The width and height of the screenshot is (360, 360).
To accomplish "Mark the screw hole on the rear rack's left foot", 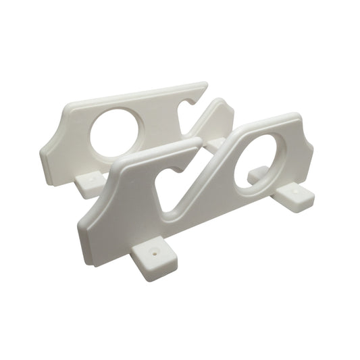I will tap(90, 180).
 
